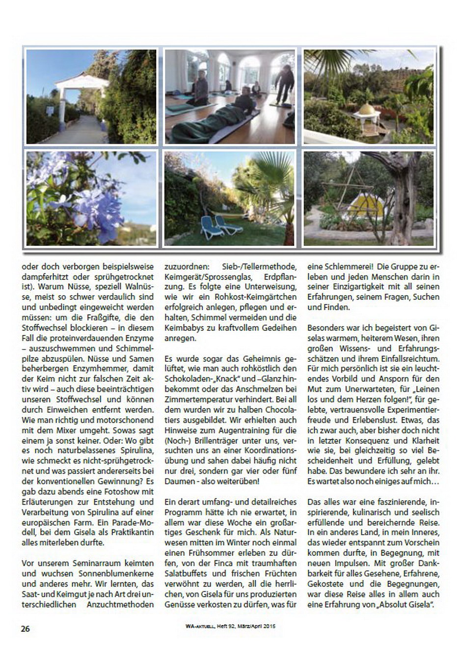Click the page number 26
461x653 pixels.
(x=25, y=628)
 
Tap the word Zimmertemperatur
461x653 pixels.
(x=196, y=400)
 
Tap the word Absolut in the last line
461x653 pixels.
(x=395, y=604)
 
